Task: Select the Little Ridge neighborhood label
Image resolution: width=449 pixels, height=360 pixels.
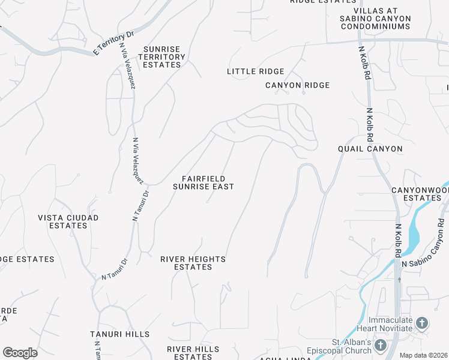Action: click(255, 71)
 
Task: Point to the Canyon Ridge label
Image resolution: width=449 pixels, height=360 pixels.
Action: click(298, 85)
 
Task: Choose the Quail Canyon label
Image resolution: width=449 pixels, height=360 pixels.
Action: click(370, 149)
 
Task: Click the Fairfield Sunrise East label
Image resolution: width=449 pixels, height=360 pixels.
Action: click(203, 182)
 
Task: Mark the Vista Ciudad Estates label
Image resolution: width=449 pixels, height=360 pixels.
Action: click(68, 221)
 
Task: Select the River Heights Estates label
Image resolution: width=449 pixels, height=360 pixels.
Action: click(193, 263)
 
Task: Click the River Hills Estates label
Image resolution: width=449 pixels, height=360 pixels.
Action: click(193, 353)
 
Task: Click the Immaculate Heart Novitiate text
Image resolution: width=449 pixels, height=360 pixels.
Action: click(390, 324)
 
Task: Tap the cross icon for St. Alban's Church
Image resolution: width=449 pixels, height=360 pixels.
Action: click(380, 345)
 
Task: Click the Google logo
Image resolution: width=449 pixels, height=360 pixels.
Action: click(20, 353)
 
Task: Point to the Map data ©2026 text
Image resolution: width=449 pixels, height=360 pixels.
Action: click(423, 355)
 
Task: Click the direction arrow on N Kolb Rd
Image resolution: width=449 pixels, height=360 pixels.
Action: click(399, 279)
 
